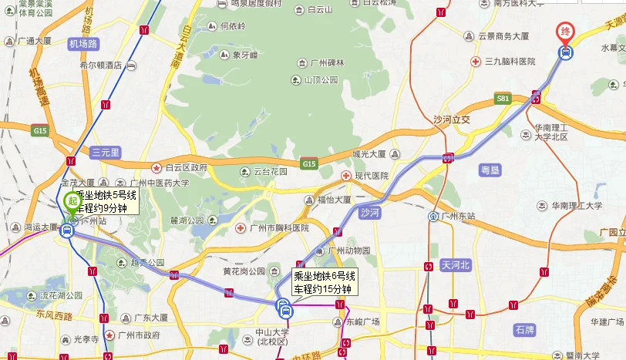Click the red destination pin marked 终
point(565,32)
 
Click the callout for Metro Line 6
point(324,282)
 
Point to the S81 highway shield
point(504,99)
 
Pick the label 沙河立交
point(452,119)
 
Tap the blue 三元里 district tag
point(105,152)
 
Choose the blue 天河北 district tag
point(455,264)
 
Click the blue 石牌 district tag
point(524,330)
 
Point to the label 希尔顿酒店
point(101,66)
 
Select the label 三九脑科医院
point(509,61)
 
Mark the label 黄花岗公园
point(244,271)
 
